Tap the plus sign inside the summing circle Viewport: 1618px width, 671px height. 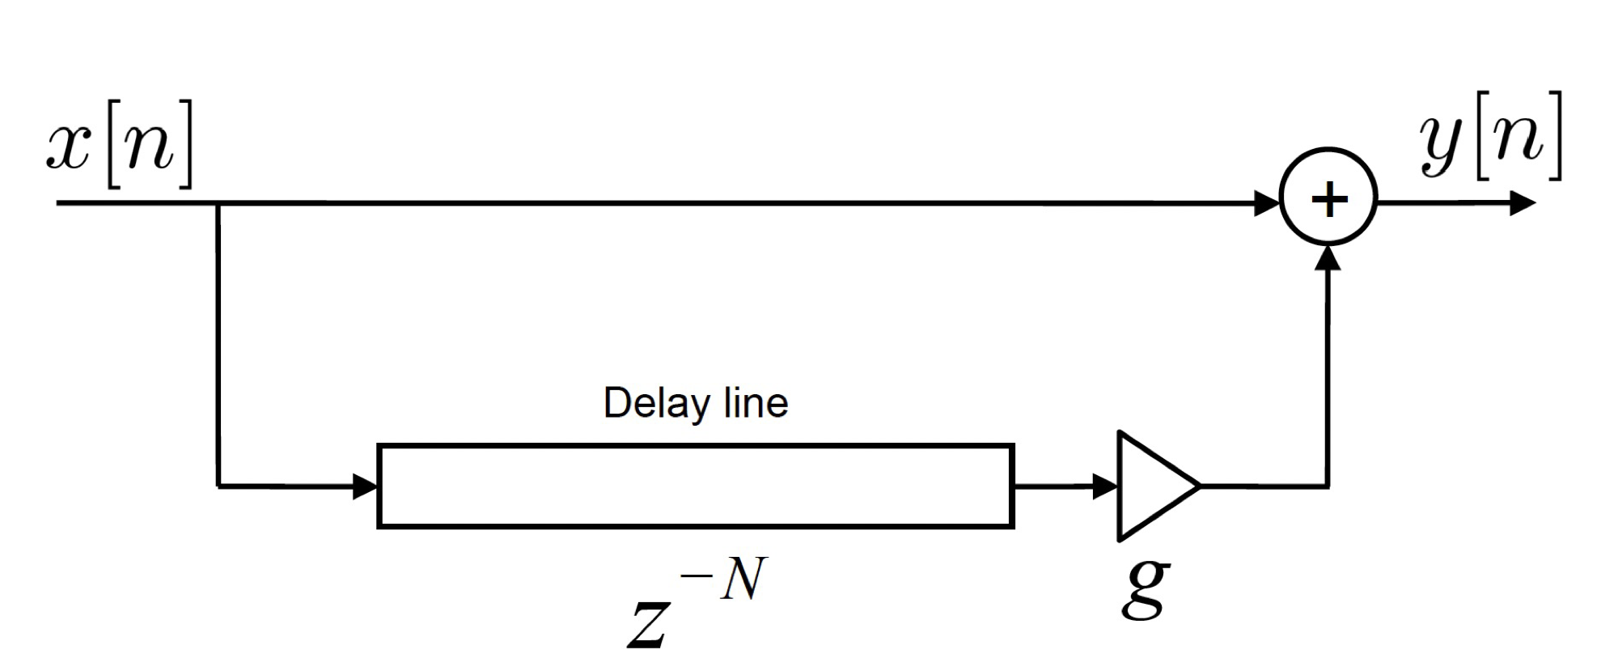click(x=1328, y=199)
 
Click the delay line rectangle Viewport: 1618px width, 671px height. click(x=696, y=486)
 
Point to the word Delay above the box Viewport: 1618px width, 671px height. click(x=656, y=403)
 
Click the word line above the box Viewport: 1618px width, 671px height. click(x=756, y=403)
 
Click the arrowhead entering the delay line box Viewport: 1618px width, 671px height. click(x=366, y=486)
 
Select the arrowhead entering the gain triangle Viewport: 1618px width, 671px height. click(x=1105, y=486)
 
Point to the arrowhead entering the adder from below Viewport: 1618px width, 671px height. click(x=1328, y=257)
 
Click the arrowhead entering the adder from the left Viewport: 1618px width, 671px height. click(x=1267, y=203)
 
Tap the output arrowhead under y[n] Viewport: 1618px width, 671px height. click(x=1523, y=202)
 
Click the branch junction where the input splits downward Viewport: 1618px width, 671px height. click(x=218, y=203)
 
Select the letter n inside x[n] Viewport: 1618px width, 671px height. click(x=150, y=146)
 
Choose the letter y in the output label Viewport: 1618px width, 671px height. click(x=1444, y=142)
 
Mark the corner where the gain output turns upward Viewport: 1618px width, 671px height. click(x=1328, y=486)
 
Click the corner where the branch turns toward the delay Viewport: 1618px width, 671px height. click(x=218, y=486)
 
